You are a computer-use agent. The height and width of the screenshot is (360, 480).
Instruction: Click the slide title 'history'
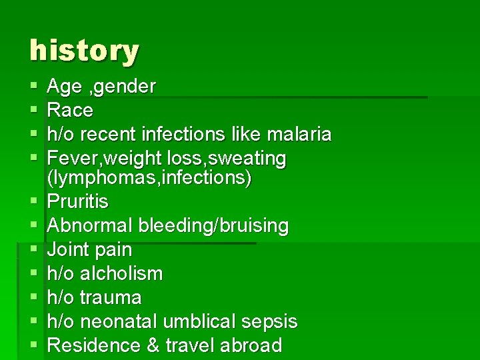[x=84, y=51]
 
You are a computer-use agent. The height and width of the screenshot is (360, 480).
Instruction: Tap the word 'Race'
[x=70, y=110]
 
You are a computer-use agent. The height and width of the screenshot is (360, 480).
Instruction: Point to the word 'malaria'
[x=298, y=134]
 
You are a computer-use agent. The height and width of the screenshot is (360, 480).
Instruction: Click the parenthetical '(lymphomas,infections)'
[x=149, y=179]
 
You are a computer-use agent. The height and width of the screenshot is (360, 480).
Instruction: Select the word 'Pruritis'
[x=78, y=201]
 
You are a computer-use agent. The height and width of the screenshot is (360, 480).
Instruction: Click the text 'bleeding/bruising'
[x=213, y=226]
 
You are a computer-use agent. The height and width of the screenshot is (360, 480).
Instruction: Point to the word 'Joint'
[x=68, y=250]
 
